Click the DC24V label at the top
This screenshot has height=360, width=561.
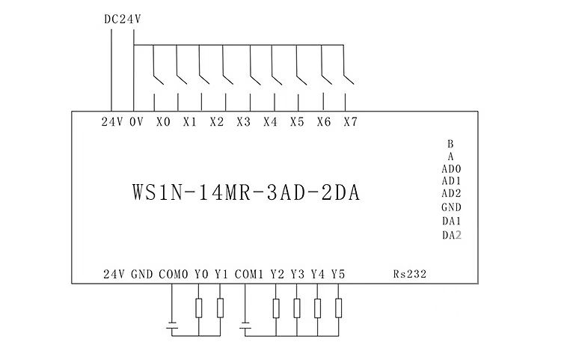point(122,19)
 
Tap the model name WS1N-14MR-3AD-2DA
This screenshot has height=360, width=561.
point(245,192)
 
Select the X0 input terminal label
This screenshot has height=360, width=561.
point(163,122)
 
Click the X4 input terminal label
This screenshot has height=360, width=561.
point(270,122)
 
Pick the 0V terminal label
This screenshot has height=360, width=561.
point(136,122)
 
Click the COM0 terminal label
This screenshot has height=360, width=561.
point(173,274)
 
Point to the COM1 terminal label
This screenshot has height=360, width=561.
point(248,274)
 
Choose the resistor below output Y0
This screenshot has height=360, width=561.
point(199,308)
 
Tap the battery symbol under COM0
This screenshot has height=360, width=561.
point(172,326)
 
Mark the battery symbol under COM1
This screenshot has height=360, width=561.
point(247,326)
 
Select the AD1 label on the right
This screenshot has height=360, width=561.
point(450,181)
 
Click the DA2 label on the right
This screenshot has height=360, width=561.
point(450,235)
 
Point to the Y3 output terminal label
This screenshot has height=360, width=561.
point(298,274)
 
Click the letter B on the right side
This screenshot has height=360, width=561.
point(450,143)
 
